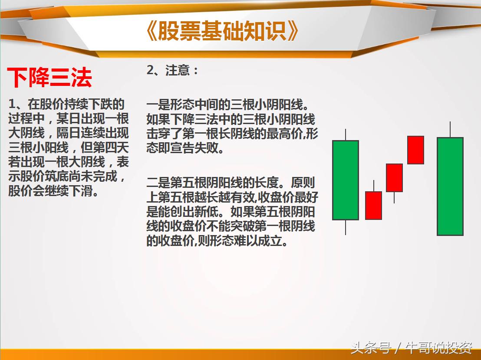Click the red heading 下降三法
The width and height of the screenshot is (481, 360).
coord(50,78)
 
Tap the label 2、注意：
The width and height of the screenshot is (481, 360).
coord(172,70)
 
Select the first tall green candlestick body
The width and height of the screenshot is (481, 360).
coord(346,180)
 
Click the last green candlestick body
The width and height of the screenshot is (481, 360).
coord(450,187)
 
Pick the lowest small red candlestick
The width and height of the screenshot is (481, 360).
coord(373,205)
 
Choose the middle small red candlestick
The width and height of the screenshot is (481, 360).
coord(394,177)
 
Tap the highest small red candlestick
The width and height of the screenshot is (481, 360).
coord(415,150)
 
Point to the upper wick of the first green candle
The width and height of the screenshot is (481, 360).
coord(346,135)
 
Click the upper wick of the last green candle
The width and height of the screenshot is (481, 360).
coord(450,130)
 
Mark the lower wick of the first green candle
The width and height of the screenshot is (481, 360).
coord(346,227)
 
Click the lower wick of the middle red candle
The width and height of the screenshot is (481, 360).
coord(394,197)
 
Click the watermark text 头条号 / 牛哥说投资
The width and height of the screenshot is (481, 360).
coord(412,348)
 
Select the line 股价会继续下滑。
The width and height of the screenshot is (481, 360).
coord(53,191)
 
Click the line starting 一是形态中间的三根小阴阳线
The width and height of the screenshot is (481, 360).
coord(230,105)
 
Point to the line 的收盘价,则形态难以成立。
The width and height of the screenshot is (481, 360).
coord(217,241)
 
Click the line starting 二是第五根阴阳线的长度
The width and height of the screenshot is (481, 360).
coord(231,183)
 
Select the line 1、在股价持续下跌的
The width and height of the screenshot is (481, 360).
coord(66,104)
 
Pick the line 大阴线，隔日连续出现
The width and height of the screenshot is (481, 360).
coord(68,133)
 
